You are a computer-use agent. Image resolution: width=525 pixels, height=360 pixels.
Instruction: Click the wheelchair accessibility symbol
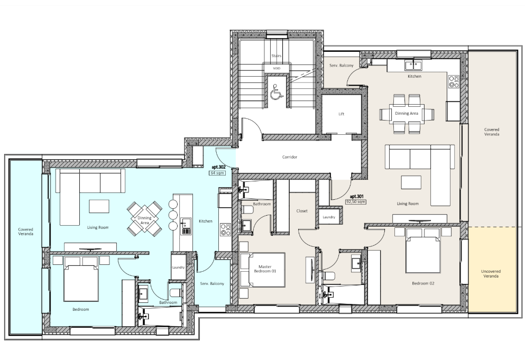(x=276, y=92)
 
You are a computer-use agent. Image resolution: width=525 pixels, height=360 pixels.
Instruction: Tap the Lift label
(x=341, y=114)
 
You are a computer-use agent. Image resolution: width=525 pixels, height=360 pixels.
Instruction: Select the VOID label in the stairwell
(x=277, y=68)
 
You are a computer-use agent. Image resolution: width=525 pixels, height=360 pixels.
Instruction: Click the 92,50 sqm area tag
(x=356, y=202)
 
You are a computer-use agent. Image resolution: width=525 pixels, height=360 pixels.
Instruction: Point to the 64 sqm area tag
(x=217, y=173)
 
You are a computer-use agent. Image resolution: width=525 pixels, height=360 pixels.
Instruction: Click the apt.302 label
(x=219, y=167)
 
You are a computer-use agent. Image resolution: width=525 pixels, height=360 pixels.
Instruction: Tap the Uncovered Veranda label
(x=491, y=274)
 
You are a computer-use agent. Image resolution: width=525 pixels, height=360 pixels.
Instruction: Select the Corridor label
(x=290, y=156)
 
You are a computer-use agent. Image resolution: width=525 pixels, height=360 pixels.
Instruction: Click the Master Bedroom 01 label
(x=265, y=269)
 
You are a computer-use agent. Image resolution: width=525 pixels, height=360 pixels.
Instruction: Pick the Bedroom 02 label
(x=423, y=283)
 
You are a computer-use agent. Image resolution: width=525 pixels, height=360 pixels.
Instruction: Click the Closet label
(x=302, y=211)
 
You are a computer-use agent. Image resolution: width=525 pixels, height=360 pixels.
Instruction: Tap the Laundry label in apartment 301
(x=329, y=217)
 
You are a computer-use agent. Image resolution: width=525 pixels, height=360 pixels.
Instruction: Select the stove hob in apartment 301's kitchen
(x=454, y=81)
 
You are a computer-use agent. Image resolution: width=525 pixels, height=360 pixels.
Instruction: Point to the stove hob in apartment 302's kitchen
(x=225, y=230)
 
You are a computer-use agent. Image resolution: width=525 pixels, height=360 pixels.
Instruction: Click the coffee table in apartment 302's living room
(x=99, y=206)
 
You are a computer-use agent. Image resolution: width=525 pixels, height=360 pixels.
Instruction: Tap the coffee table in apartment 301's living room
(x=411, y=183)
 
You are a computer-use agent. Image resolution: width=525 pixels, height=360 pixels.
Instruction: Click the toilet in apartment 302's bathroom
(x=176, y=293)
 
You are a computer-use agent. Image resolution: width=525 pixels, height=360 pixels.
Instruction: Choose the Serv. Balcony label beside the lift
(x=341, y=66)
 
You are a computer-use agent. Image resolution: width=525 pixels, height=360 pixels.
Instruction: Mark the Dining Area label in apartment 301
(x=407, y=113)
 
